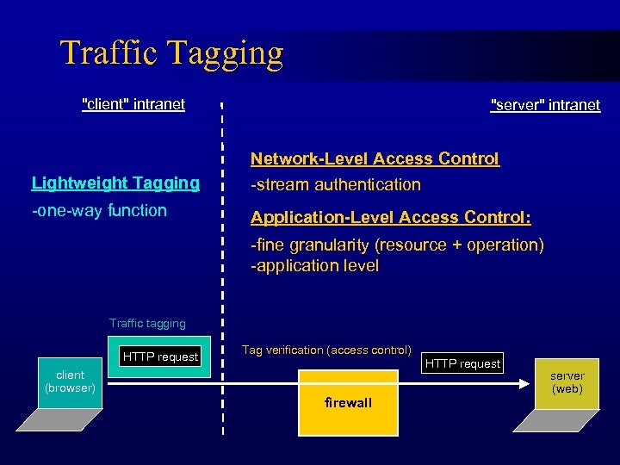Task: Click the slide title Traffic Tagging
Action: [171, 53]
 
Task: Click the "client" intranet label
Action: [133, 104]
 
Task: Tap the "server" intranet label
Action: [545, 105]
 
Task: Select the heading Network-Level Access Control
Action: [375, 158]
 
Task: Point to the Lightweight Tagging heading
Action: [115, 183]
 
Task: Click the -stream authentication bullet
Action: [336, 184]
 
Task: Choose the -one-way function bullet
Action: [99, 210]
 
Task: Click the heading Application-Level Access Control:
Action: [391, 217]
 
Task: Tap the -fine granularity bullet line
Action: [397, 245]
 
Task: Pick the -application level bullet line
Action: [314, 266]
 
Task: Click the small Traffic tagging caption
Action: [147, 324]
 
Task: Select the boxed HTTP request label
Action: [160, 356]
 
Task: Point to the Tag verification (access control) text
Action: [326, 350]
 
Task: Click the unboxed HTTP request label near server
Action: [462, 363]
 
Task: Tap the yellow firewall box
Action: [348, 402]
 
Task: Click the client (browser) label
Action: [70, 381]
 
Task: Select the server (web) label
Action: [567, 382]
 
